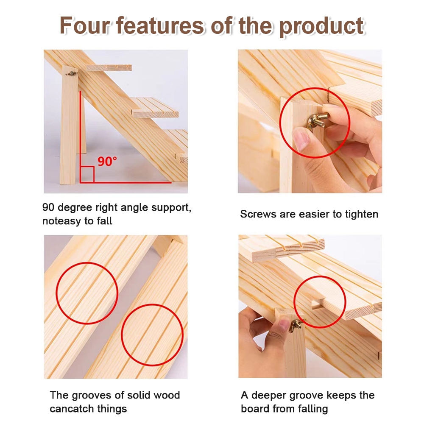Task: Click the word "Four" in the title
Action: [85, 26]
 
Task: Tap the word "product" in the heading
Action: [321, 26]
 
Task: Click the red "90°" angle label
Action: [107, 162]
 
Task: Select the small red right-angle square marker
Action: [87, 174]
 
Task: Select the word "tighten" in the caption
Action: [362, 214]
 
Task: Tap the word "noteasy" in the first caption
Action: [61, 221]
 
